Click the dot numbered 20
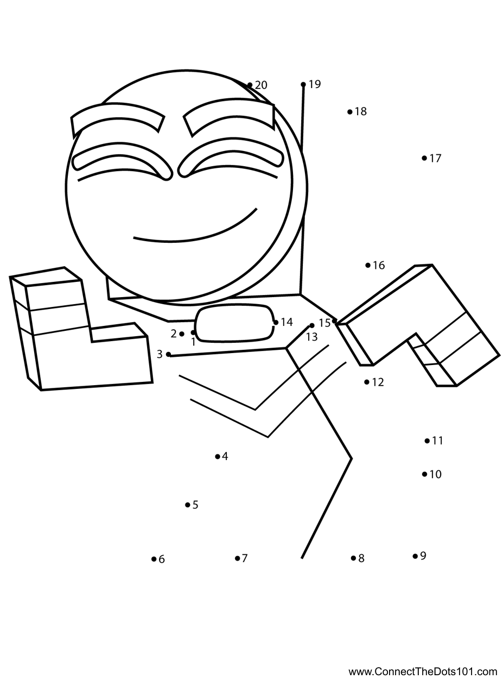pyautogui.click(x=250, y=85)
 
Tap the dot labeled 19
pyautogui.click(x=303, y=84)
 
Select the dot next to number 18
pyautogui.click(x=350, y=112)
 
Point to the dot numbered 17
pyautogui.click(x=424, y=158)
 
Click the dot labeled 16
pyautogui.click(x=368, y=265)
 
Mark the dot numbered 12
pyautogui.click(x=367, y=382)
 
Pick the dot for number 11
pyautogui.click(x=427, y=441)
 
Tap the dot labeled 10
pyautogui.click(x=424, y=474)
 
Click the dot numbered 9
pyautogui.click(x=415, y=556)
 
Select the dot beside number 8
pyautogui.click(x=353, y=558)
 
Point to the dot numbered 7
pyautogui.click(x=237, y=558)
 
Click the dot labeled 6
pyautogui.click(x=154, y=559)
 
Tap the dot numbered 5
pyautogui.click(x=187, y=505)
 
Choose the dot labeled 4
pyautogui.click(x=218, y=456)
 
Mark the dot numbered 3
pyautogui.click(x=168, y=354)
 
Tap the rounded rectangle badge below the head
pyautogui.click(x=235, y=323)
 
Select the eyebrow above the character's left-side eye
pyautogui.click(x=118, y=120)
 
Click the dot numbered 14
pyautogui.click(x=276, y=322)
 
